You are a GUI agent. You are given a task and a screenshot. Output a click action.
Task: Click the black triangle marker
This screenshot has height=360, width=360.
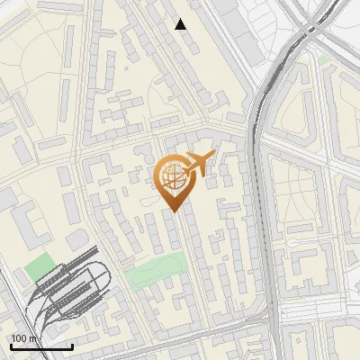click(181, 24)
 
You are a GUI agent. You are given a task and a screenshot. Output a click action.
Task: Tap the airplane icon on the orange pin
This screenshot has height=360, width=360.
click(200, 163)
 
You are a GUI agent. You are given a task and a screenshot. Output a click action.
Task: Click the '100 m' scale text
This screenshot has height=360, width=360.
click(24, 338)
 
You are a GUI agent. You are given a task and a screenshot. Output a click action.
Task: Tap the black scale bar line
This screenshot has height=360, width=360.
click(41, 346)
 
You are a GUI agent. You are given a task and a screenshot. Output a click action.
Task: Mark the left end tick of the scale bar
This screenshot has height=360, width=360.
click(11, 345)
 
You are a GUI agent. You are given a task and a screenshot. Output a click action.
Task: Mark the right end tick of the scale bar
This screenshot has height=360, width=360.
click(73, 345)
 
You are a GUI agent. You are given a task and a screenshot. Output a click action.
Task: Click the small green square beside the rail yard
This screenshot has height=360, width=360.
click(39, 267)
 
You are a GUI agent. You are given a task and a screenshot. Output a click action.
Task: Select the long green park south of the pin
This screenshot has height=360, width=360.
click(156, 272)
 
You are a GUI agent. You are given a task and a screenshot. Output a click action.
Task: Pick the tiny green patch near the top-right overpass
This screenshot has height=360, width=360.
click(324, 59)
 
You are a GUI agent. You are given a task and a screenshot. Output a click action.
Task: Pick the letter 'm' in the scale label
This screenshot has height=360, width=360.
click(32, 338)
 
